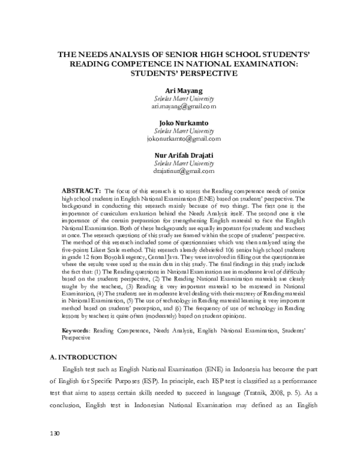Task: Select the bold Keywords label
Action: coord(78,330)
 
